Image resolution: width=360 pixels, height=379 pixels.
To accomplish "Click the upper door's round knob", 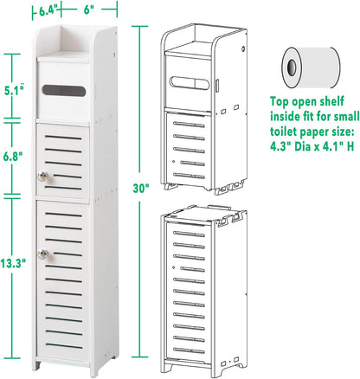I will [42, 177].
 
